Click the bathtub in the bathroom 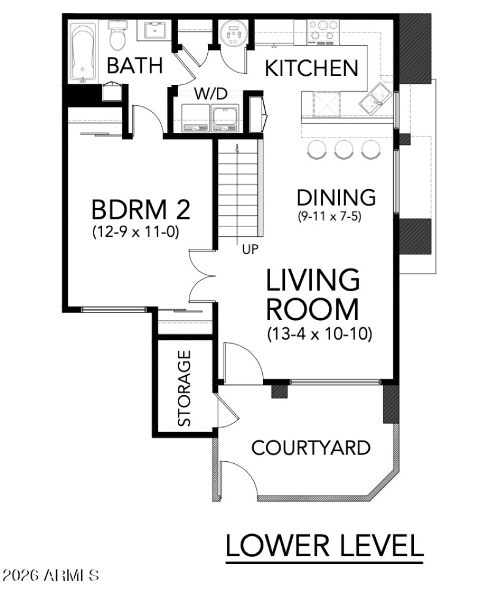[x=83, y=52]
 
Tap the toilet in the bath [x=117, y=37]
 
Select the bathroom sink [x=158, y=29]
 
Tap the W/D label [x=211, y=94]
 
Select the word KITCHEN [x=311, y=68]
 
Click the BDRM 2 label [x=141, y=209]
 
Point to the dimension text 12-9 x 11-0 [x=135, y=232]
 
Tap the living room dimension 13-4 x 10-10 [x=320, y=335]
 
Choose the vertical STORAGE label [x=184, y=388]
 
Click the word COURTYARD [x=311, y=448]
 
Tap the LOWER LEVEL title [x=324, y=545]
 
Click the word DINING [x=336, y=198]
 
